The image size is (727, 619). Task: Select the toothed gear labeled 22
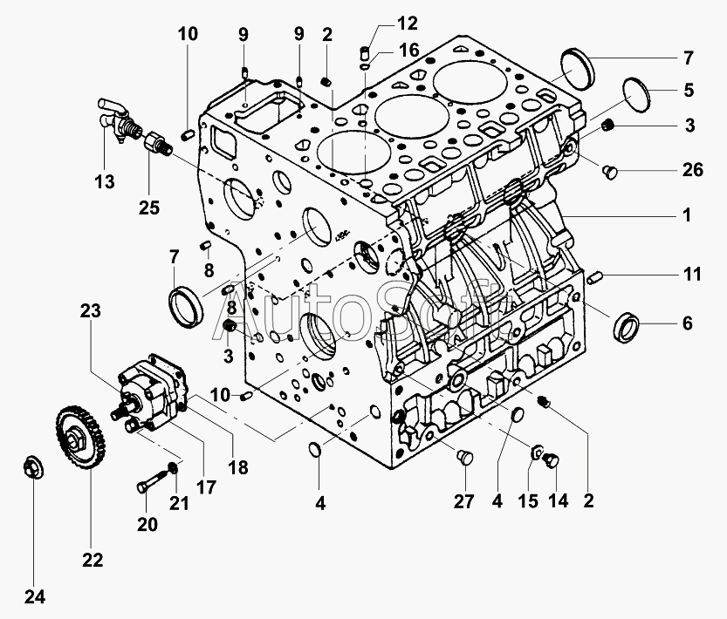[78, 437]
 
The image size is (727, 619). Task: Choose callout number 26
[692, 170]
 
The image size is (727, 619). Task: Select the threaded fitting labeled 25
[156, 143]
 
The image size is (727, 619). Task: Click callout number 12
[383, 21]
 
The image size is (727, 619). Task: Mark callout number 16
[409, 50]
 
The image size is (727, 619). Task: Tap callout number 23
[92, 309]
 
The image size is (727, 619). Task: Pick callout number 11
[692, 275]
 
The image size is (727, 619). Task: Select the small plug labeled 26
[610, 173]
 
